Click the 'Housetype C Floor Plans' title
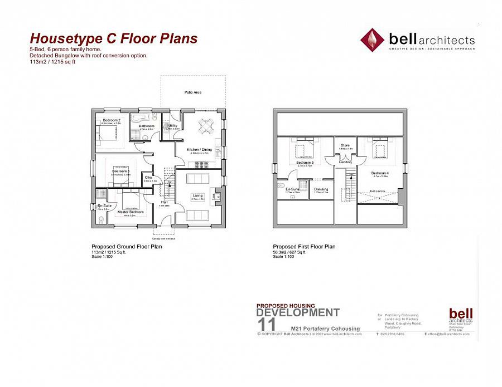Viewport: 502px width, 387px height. coord(113,38)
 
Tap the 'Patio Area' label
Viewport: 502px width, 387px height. coord(193,92)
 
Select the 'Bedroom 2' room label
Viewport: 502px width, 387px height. coord(112,120)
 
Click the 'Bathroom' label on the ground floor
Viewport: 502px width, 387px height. coord(147,126)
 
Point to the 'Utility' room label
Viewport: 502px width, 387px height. coord(172,126)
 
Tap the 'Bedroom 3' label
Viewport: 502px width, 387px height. coord(120,171)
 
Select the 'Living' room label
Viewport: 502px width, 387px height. coord(198,195)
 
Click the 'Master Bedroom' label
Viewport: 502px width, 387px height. coord(130,212)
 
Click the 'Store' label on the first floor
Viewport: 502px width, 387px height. coord(345,146)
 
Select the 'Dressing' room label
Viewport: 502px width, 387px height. coord(321,189)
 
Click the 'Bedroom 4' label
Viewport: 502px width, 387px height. coord(380,173)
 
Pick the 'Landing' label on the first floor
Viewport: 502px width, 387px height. coord(345,162)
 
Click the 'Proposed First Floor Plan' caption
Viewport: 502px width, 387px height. coord(304,247)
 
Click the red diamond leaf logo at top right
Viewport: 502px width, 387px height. coord(372,40)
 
